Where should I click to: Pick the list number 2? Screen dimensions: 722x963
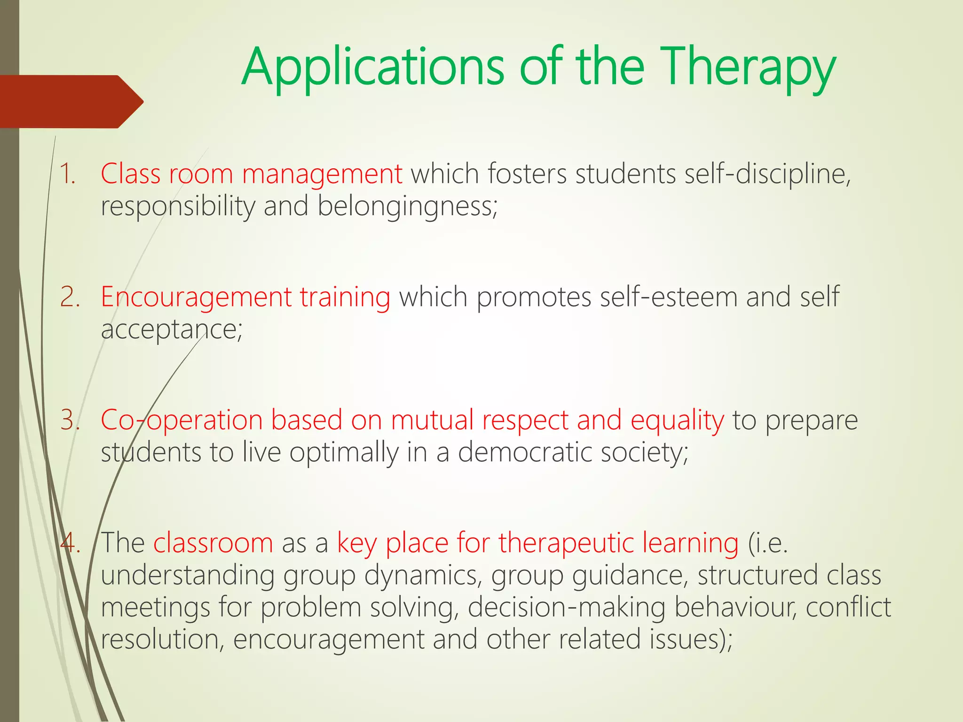[70, 298]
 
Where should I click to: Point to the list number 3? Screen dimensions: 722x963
[70, 420]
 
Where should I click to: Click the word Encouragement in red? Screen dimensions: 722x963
[196, 298]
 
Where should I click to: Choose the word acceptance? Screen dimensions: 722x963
[169, 330]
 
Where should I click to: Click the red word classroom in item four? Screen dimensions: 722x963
[213, 543]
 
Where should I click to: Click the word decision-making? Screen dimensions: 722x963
[567, 608]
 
